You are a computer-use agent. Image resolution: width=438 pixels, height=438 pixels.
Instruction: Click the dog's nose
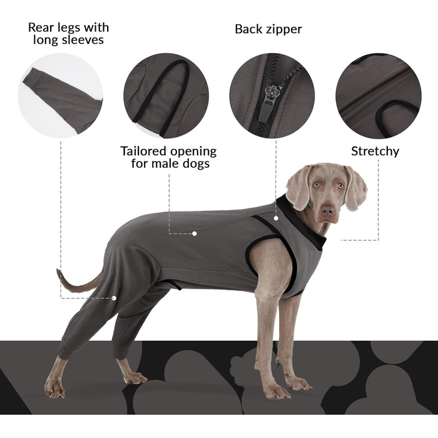[x=327, y=210]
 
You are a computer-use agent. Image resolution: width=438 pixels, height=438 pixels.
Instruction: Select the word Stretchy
[x=375, y=151]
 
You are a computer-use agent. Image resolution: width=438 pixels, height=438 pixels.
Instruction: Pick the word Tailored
[x=143, y=151]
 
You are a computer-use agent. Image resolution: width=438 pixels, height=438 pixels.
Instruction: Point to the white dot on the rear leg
[x=114, y=298]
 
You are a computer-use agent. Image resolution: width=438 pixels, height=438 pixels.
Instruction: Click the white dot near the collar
[x=276, y=218]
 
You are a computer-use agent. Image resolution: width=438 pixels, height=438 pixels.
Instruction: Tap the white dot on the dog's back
[x=195, y=233]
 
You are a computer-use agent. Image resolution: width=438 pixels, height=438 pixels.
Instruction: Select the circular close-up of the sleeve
[x=61, y=96]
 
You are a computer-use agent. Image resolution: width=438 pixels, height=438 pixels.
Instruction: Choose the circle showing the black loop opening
[x=166, y=96]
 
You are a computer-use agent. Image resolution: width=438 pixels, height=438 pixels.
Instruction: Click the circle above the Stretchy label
[x=378, y=96]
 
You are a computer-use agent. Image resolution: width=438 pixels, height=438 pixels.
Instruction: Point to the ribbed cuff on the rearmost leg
[x=65, y=352]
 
